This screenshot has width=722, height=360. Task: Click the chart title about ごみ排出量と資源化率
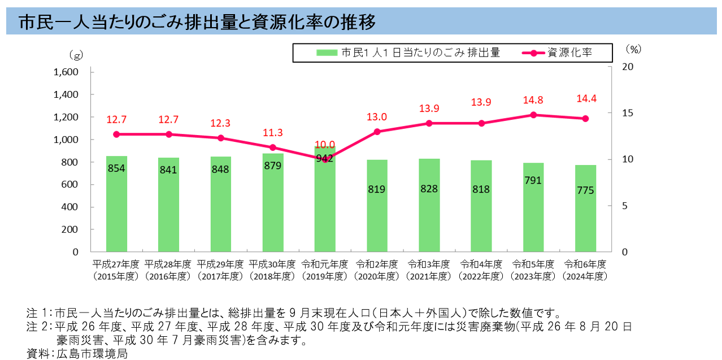tap(197, 23)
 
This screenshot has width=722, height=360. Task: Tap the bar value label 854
tap(116, 168)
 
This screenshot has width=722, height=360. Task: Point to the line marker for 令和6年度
tap(585, 119)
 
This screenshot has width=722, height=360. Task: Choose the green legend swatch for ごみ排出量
tap(326, 53)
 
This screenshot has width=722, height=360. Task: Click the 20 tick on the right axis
tap(628, 67)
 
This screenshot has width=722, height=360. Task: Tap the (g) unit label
tap(75, 55)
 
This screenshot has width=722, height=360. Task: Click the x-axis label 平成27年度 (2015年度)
tap(116, 270)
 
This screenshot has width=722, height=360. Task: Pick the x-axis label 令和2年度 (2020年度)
tap(377, 270)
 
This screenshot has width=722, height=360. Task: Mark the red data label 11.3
tap(273, 133)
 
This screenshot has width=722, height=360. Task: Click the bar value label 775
tap(585, 190)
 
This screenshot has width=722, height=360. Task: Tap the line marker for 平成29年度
tap(221, 138)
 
